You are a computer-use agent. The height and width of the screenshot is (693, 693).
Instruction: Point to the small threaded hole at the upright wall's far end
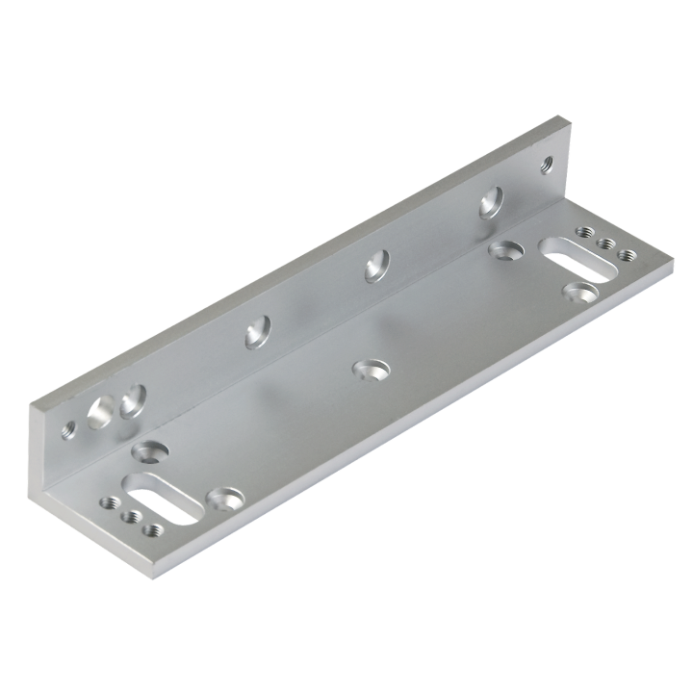tap(550, 165)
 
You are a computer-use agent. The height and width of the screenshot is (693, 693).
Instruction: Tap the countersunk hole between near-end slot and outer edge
tap(227, 498)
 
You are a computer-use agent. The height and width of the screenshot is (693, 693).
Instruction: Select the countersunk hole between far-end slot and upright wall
tap(503, 249)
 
